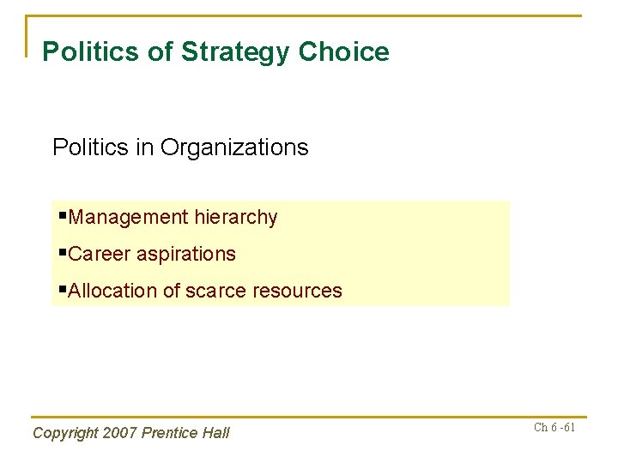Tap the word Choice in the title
(343, 51)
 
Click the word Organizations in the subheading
(233, 147)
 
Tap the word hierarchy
(236, 218)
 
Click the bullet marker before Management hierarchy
(63, 215)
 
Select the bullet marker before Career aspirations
(63, 252)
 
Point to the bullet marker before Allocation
(63, 289)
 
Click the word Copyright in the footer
(65, 434)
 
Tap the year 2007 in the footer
(120, 433)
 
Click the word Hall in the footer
(215, 433)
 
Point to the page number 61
(568, 427)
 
